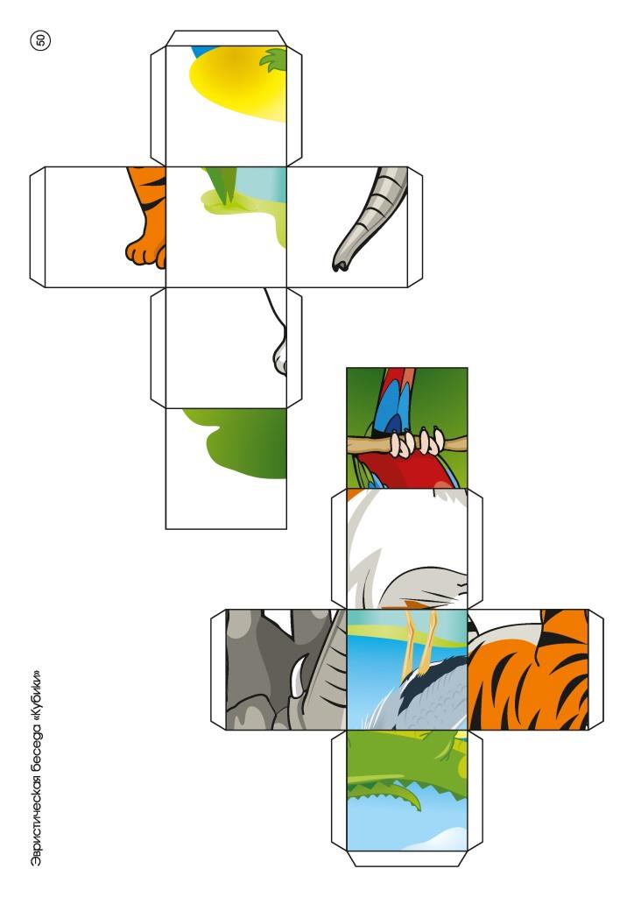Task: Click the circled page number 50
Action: pos(41,40)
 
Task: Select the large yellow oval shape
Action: pos(237,83)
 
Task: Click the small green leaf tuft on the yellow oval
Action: pos(274,60)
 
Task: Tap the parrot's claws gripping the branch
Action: pos(418,443)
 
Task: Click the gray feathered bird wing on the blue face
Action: pos(420,702)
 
